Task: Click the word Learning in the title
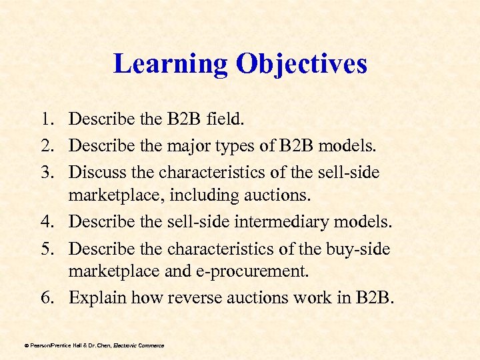(x=170, y=64)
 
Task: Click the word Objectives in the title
(x=301, y=64)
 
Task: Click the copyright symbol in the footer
(x=26, y=345)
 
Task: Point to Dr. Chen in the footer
(x=97, y=345)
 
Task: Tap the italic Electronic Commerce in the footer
(x=138, y=345)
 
